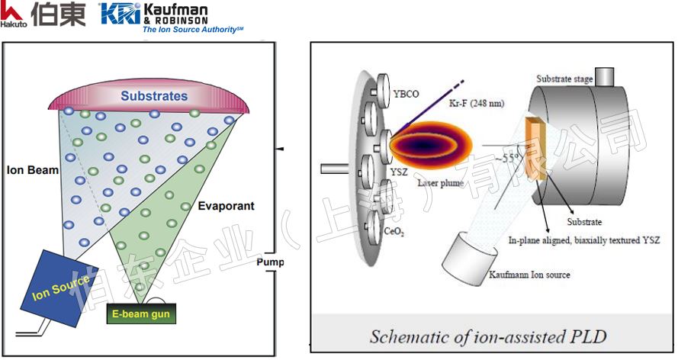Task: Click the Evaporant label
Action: (x=226, y=206)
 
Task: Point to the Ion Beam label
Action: (x=33, y=170)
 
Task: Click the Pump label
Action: (x=270, y=262)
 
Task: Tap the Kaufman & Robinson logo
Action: (x=153, y=15)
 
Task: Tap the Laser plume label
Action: (x=441, y=183)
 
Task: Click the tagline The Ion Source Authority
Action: (x=190, y=31)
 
